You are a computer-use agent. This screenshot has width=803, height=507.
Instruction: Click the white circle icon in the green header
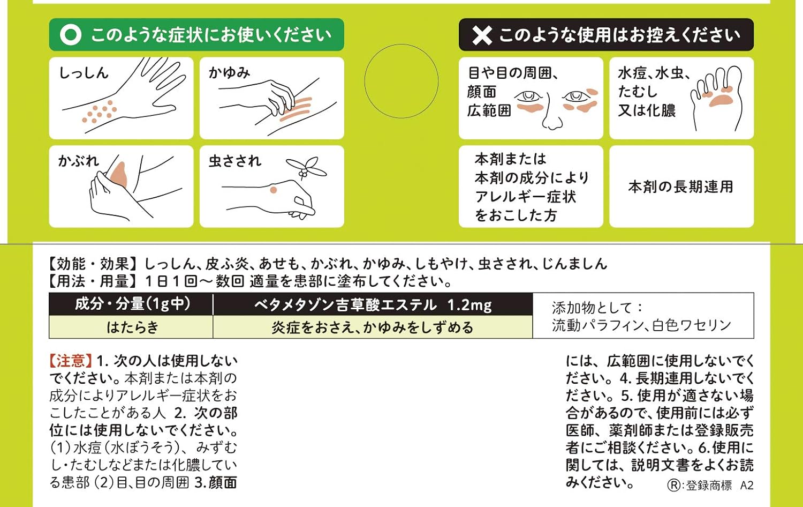[71, 35]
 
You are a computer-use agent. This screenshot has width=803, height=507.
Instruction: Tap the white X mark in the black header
[482, 35]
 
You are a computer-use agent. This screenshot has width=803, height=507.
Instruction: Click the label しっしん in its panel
[84, 73]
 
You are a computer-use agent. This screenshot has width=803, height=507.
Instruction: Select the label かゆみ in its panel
[230, 73]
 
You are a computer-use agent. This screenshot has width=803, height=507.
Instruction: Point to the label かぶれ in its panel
[79, 161]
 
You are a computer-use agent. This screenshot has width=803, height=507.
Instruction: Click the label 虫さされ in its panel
[235, 161]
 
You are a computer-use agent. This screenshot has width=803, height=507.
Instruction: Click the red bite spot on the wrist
[273, 190]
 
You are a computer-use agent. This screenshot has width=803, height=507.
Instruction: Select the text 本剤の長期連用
[681, 187]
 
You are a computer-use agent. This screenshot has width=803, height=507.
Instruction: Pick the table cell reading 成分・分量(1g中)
[131, 304]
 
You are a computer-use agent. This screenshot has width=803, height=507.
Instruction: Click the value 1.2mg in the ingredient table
[469, 305]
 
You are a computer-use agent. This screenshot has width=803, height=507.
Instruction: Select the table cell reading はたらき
[131, 327]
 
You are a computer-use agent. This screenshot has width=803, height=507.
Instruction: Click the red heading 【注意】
[71, 361]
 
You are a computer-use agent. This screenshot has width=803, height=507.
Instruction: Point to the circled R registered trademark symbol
[673, 485]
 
